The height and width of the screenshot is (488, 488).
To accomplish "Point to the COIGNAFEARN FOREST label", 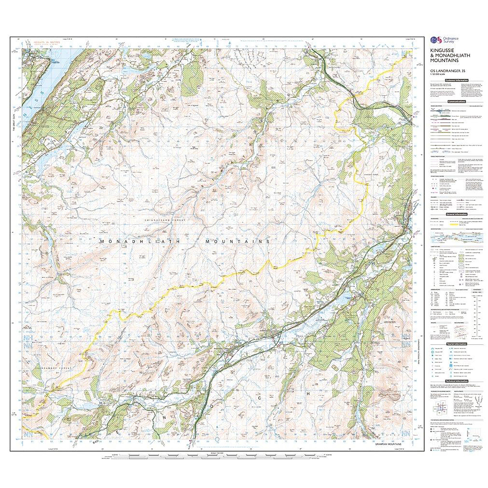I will click(165, 220).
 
